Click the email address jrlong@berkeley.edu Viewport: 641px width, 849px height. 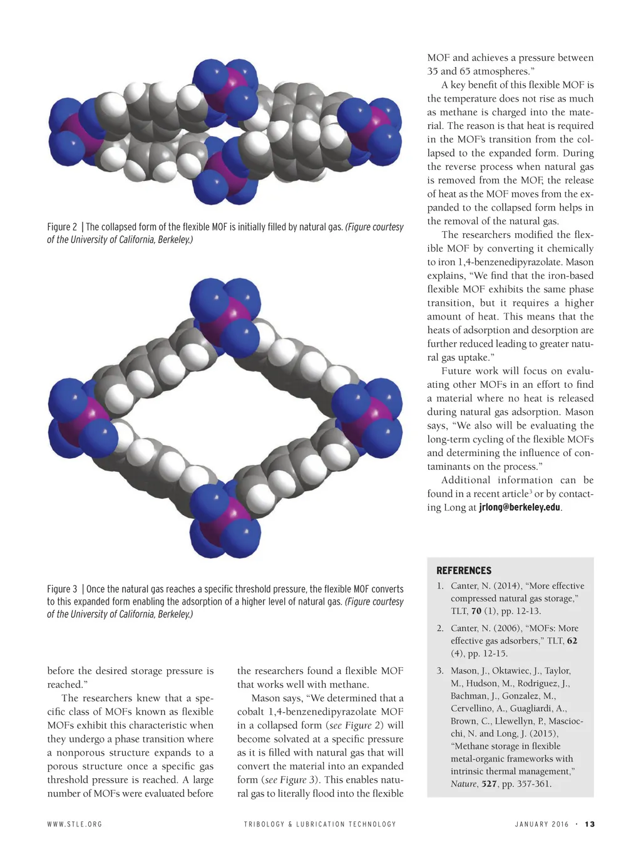click(x=520, y=508)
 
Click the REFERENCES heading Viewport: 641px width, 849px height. click(x=464, y=571)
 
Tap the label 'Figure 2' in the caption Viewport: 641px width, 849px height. click(x=62, y=227)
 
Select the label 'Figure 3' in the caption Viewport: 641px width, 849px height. click(x=62, y=589)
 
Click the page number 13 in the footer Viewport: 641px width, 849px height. click(x=590, y=824)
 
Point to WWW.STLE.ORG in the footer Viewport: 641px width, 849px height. click(x=74, y=824)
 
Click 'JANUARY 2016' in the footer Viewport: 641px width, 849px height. click(x=541, y=824)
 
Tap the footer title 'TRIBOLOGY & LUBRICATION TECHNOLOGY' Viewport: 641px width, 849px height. click(x=320, y=824)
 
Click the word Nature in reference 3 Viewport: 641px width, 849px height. click(x=463, y=784)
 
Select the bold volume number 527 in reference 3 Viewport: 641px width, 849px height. click(x=489, y=784)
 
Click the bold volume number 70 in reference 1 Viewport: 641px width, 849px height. click(x=476, y=611)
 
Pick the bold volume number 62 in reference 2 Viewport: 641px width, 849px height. click(x=572, y=640)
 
